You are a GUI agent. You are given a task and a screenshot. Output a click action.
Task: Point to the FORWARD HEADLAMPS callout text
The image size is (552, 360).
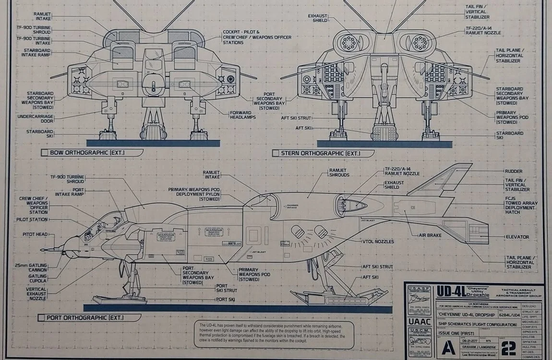pyautogui.click(x=242, y=115)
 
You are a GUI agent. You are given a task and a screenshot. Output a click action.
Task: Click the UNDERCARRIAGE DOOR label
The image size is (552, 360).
pyautogui.click(x=36, y=119)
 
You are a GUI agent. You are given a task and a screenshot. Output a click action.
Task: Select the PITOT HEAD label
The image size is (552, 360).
pyautogui.click(x=35, y=235)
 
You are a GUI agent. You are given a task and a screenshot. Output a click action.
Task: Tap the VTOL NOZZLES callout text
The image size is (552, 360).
pyautogui.click(x=378, y=241)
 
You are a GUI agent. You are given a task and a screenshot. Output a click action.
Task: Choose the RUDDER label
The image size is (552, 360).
pyautogui.click(x=513, y=171)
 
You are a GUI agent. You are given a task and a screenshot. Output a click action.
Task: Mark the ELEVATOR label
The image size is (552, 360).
pyautogui.click(x=517, y=237)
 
